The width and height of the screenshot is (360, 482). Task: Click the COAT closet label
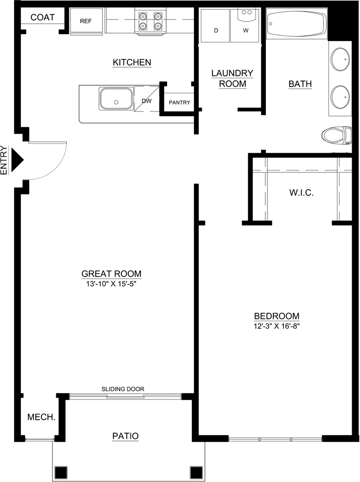tap(43, 17)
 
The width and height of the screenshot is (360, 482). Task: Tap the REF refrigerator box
tap(86, 22)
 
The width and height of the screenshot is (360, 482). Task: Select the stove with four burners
tap(150, 21)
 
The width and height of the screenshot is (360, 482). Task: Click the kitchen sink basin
tap(116, 98)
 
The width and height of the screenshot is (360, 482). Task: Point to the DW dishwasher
tap(147, 100)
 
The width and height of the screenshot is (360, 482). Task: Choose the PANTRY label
tap(179, 102)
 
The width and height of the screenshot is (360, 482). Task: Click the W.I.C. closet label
tap(301, 193)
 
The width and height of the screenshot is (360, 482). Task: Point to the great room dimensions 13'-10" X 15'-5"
tap(111, 284)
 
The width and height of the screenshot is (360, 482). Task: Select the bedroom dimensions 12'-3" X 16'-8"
tap(276, 326)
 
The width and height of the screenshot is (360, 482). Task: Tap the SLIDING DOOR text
tap(123, 389)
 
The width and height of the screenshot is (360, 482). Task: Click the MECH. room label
tap(42, 417)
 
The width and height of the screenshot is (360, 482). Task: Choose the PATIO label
tap(126, 436)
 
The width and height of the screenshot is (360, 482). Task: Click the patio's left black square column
tap(61, 471)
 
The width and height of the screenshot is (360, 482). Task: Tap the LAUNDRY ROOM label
tap(232, 78)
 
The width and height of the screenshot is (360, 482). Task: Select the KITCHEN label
tap(132, 63)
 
